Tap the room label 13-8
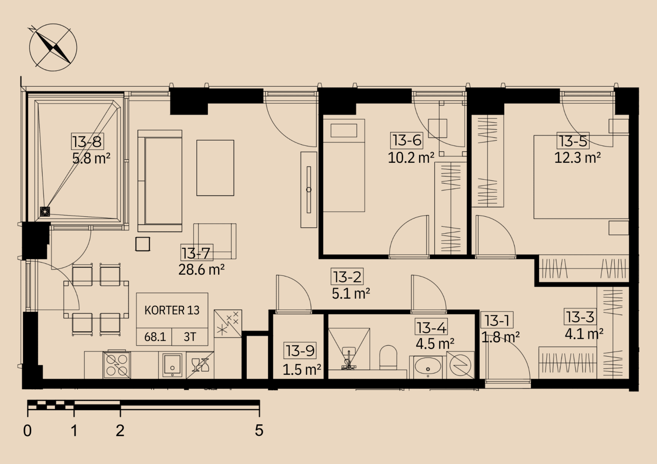pos(87,141)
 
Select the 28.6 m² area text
pos(201,270)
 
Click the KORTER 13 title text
pos(172,310)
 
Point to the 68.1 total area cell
pos(155,337)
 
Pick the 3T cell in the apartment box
pos(190,337)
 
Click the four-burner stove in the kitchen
pos(116,365)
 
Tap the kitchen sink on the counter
pos(172,365)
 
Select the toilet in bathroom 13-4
pos(388,358)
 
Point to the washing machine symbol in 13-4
pos(460,365)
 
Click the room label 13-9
pos(300,351)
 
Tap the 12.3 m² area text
pos(577,158)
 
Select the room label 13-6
pos(407,140)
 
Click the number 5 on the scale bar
pos(259,430)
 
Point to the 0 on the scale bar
pos(27,431)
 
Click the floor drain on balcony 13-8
pos(45,212)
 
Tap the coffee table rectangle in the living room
pos(215,168)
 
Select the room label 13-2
pos(347,277)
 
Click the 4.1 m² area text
pos(584,334)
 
